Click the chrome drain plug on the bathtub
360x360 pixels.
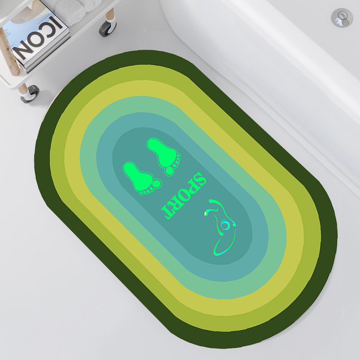click(x=342, y=18)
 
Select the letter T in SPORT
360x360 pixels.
click(x=167, y=211)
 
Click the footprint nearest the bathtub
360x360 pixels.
click(x=164, y=157)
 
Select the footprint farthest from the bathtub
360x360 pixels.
click(x=142, y=178)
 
